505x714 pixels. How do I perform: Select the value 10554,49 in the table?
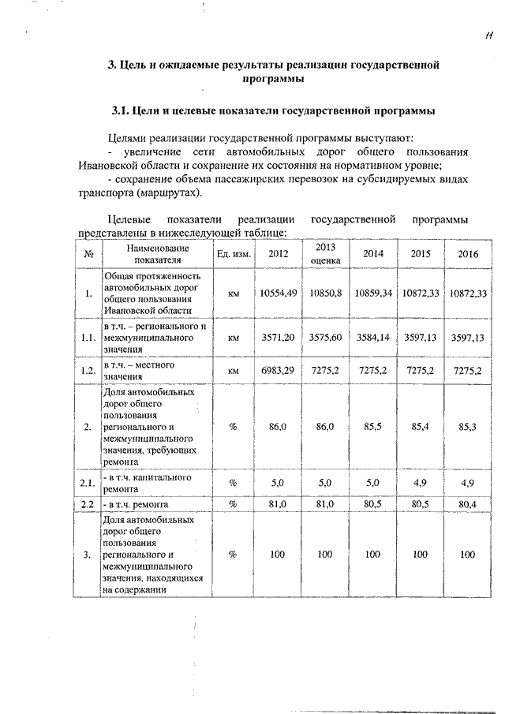pos(277,293)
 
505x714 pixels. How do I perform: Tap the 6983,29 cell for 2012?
pos(277,370)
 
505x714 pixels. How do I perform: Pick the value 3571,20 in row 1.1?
pos(277,337)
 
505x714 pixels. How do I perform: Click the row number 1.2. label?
pos(88,370)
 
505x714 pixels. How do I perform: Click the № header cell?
pos(88,253)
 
